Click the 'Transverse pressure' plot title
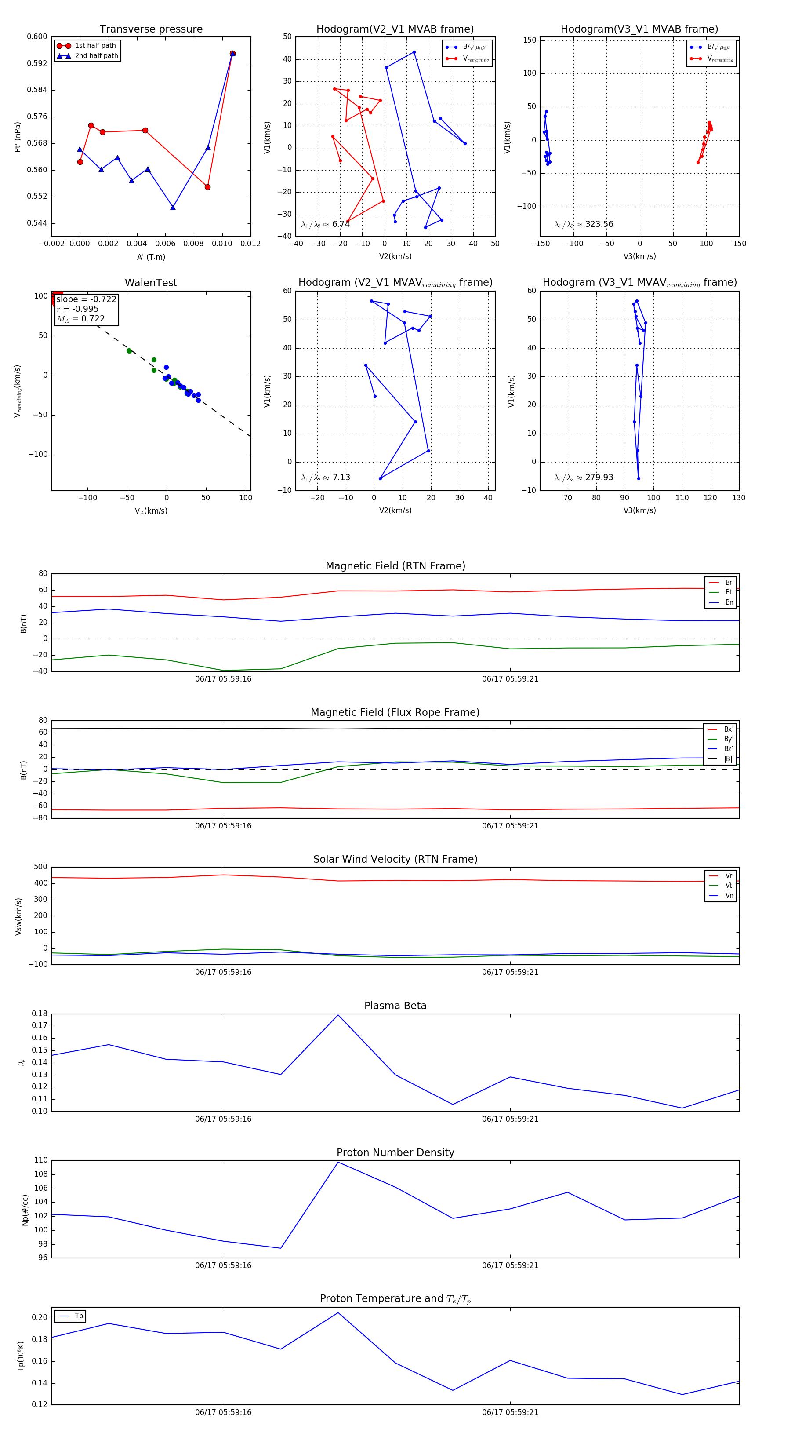151,29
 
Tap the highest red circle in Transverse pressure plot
232,54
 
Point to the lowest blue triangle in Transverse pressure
173,207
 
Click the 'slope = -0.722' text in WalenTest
86,299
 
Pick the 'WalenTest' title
151,283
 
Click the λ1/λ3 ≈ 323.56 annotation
584,224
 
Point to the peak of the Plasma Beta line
338,1015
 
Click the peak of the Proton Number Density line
338,1162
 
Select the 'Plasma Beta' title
395,1006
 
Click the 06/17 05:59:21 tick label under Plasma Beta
510,1119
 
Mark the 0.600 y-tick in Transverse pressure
37,36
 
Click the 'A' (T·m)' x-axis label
151,257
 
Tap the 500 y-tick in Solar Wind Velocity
40,867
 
